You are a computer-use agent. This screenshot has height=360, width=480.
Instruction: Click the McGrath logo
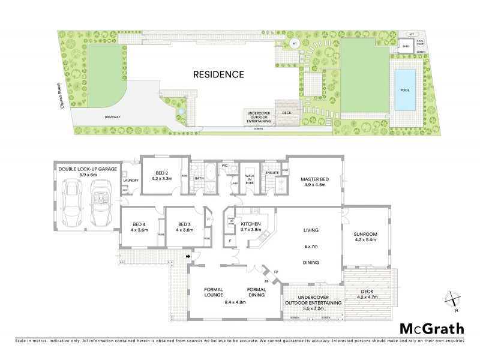point(431,328)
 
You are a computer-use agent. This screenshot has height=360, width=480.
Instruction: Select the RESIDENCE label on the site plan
point(218,75)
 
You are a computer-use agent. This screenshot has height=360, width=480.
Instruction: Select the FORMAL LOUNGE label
point(213,292)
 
